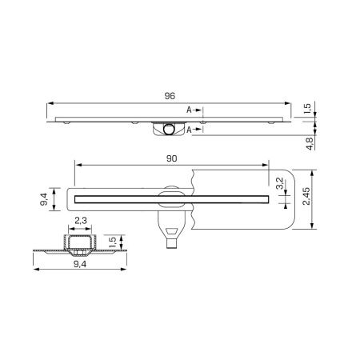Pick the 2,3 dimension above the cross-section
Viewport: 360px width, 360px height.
pyautogui.click(x=81, y=220)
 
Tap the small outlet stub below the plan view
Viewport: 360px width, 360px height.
pyautogui.click(x=172, y=246)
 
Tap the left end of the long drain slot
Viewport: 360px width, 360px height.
pyautogui.click(x=75, y=195)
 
